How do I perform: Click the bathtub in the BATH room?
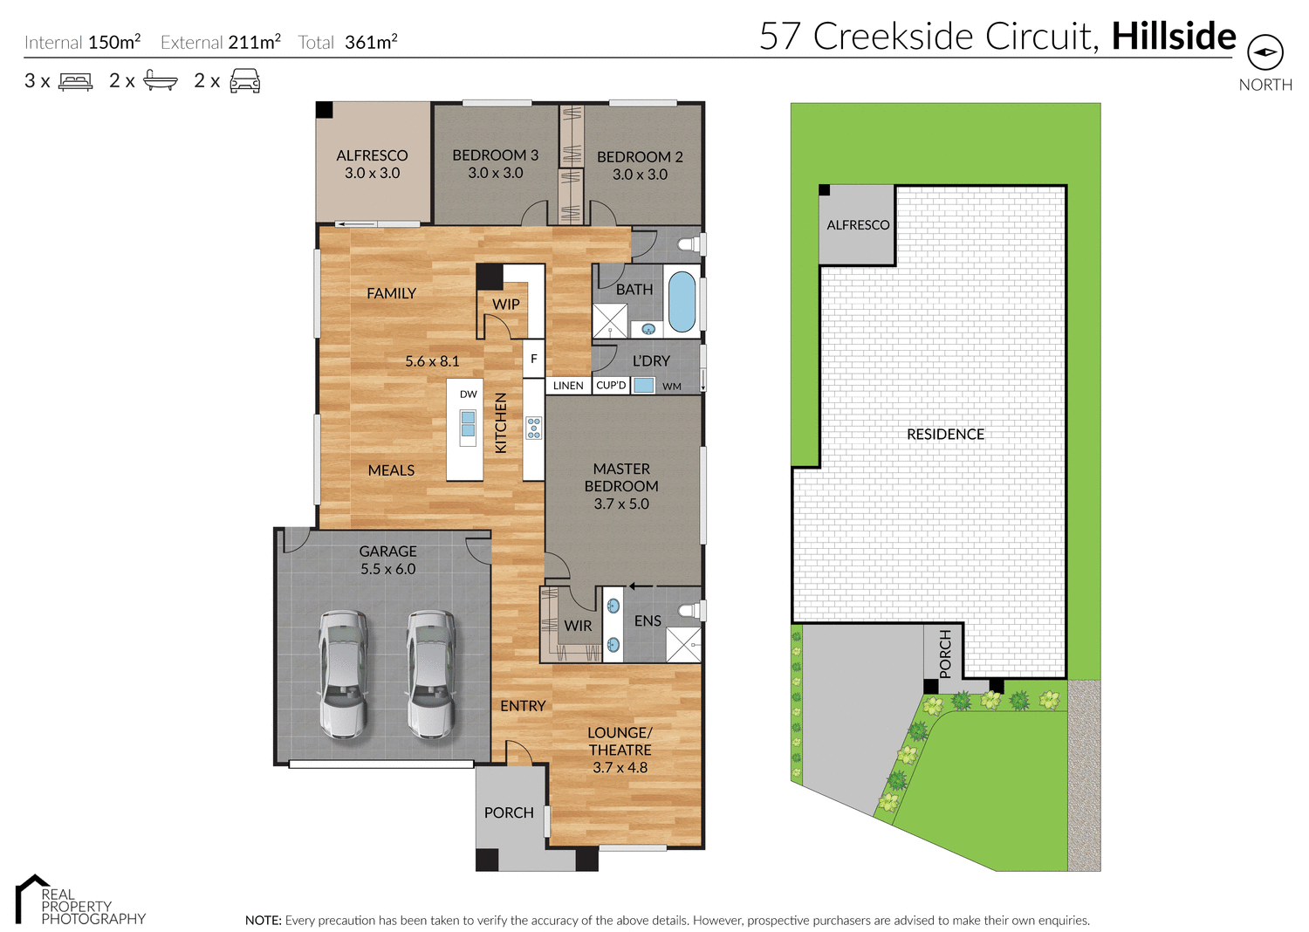682,300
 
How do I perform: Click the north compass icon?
1264,52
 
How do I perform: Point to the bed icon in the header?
75,81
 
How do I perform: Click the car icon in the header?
244,81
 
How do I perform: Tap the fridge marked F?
533,359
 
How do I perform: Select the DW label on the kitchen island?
469,394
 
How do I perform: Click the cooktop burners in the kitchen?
533,428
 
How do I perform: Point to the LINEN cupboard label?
568,386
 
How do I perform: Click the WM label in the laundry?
671,387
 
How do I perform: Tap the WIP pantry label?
505,305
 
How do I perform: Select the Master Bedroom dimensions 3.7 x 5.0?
621,504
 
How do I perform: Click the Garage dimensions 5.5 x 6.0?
387,569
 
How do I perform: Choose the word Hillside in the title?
1173,37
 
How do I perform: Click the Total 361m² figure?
371,42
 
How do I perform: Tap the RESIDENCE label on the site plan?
945,434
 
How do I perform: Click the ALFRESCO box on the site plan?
857,225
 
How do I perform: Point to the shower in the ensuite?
683,645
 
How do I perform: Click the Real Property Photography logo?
79,901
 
